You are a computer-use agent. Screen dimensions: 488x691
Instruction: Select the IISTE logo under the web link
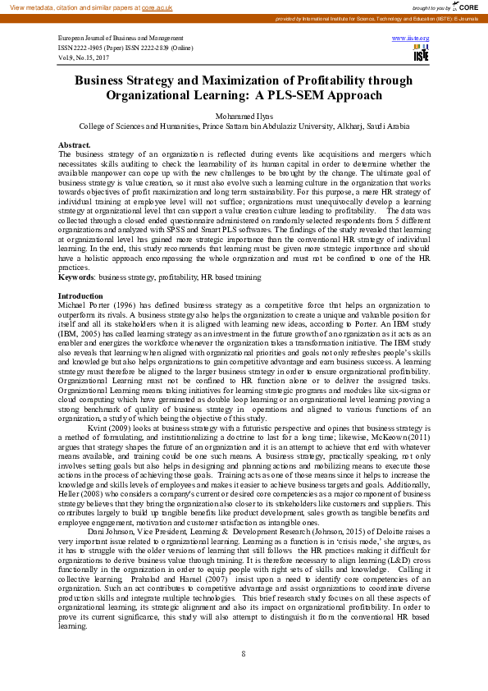[422, 53]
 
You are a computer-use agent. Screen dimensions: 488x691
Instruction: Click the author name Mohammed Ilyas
[244, 117]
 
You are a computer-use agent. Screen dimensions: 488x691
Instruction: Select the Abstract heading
[74, 145]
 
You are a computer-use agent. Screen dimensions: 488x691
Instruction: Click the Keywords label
[75, 277]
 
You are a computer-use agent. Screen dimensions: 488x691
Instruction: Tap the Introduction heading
[80, 295]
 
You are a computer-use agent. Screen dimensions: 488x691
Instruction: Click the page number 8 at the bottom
[244, 653]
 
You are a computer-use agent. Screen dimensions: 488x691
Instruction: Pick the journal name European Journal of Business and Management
[121, 39]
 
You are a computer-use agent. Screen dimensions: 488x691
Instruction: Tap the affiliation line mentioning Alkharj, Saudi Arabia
[244, 126]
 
